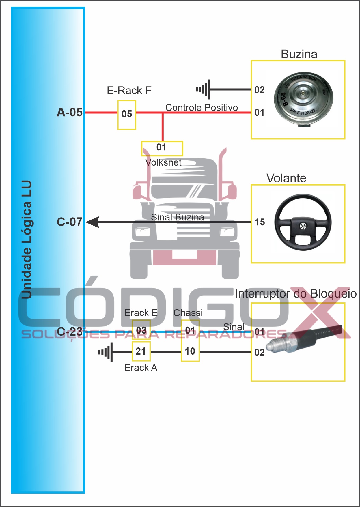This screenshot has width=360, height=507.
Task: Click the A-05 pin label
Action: pos(70,112)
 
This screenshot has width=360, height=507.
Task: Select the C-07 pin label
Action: pos(70,222)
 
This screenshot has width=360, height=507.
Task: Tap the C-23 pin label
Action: pos(70,332)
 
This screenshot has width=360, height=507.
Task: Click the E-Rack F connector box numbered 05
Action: pos(127,115)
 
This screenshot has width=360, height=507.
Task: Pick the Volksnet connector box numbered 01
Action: pos(162,148)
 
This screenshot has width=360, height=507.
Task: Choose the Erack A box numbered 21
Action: pos(141,351)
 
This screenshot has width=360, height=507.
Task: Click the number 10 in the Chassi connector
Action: pos(190,351)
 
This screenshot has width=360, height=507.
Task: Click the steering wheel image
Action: pos(303,222)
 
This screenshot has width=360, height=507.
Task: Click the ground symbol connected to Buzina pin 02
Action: pos(204,89)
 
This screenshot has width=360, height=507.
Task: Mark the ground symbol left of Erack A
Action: pos(106,352)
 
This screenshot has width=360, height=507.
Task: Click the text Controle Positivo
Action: pos(202,108)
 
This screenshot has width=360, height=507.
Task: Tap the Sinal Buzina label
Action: pos(177,217)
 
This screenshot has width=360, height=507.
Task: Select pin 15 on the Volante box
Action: pos(260,222)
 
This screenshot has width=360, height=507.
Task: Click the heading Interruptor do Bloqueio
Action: pos(295,294)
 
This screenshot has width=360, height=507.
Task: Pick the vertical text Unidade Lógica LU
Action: pos(27,240)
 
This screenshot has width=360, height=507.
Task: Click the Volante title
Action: pos(286,178)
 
